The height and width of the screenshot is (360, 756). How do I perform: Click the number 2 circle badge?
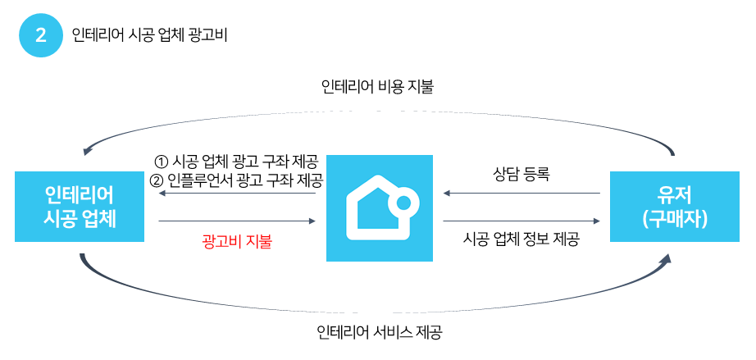(40, 36)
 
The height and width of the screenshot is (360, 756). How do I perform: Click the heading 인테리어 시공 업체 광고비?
(151, 36)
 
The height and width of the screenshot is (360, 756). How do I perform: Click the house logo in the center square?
(380, 208)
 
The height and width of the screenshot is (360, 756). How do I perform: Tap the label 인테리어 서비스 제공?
(378, 333)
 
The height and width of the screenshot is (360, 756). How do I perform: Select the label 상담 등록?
(521, 174)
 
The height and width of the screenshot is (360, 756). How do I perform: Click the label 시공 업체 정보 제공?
(521, 240)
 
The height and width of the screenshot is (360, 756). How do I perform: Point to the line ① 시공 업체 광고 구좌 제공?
(237, 161)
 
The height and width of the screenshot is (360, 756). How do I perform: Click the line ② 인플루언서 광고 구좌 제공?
(237, 179)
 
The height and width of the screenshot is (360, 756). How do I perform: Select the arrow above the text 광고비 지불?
(237, 221)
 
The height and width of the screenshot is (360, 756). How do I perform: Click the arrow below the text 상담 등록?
(521, 194)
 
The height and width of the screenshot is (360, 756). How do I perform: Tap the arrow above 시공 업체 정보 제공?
(521, 221)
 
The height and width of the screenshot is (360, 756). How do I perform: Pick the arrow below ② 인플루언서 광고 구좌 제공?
(237, 194)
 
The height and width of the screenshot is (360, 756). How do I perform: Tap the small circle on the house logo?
(403, 203)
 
